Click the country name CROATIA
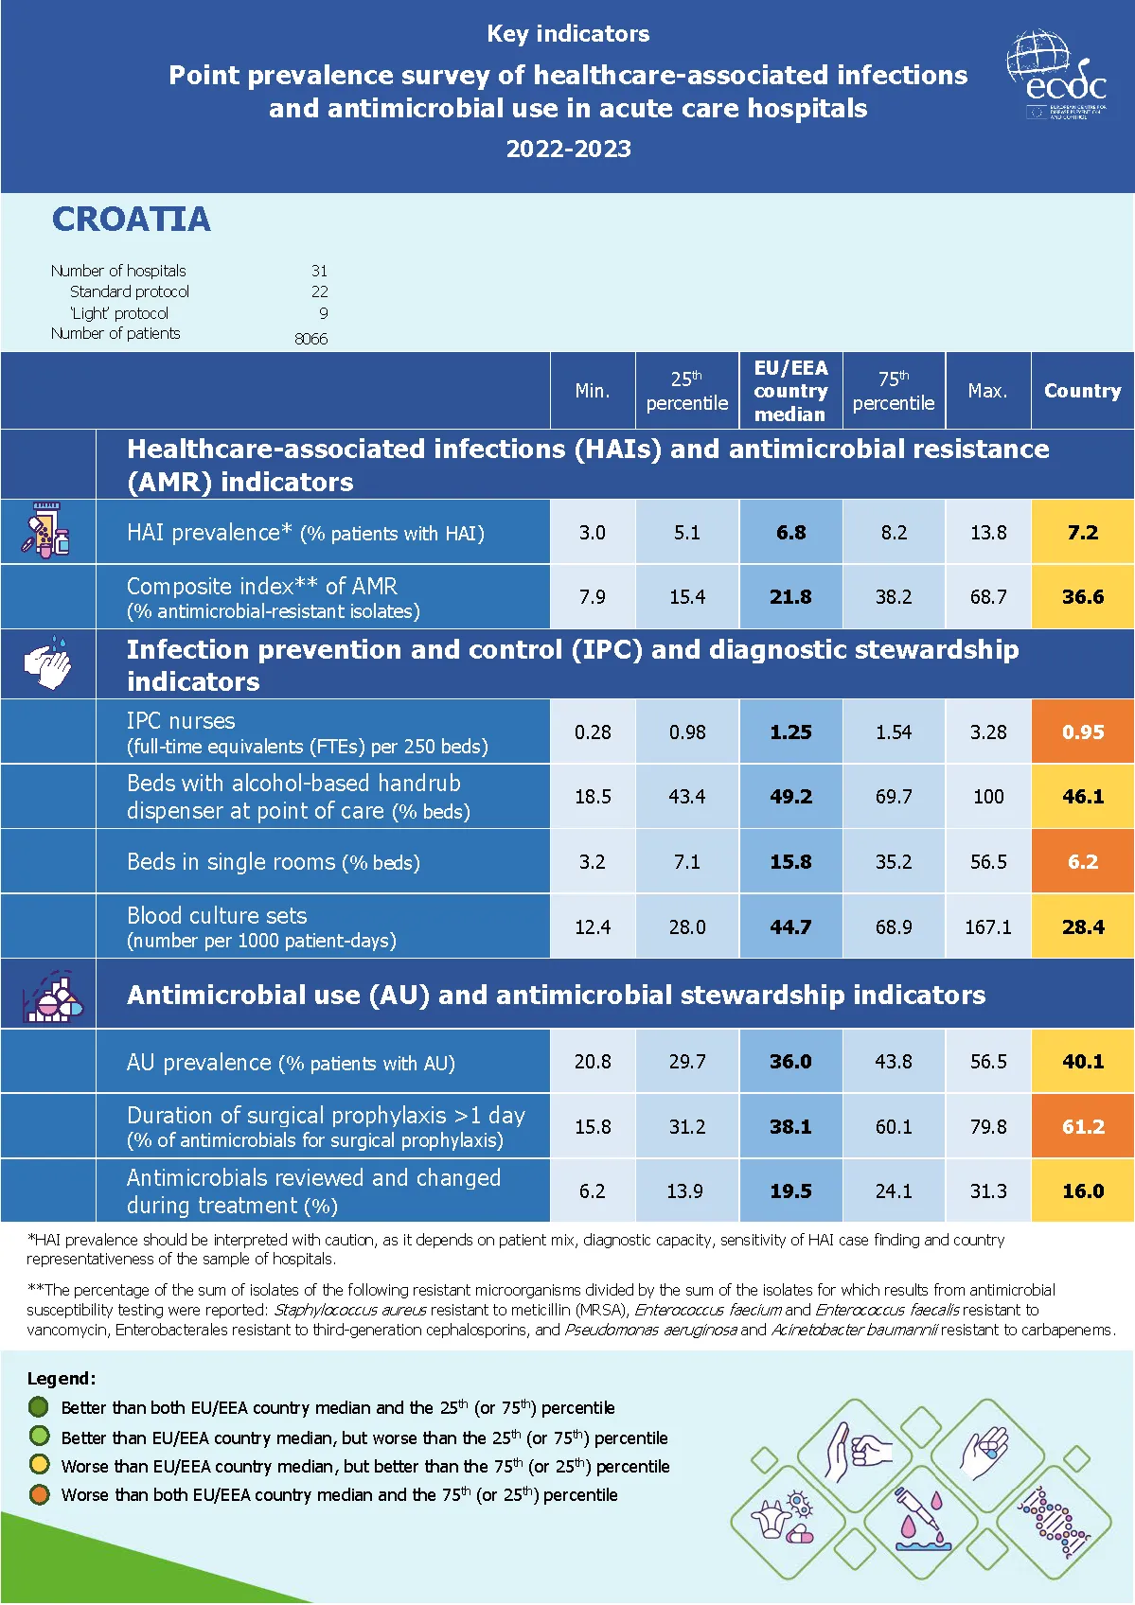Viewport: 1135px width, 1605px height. click(132, 220)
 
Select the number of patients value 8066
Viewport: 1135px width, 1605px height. click(310, 339)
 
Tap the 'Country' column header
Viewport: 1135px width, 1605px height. click(1082, 391)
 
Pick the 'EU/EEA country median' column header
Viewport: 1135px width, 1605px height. click(790, 391)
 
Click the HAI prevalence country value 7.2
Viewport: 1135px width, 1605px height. click(1082, 532)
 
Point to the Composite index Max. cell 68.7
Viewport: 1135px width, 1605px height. click(987, 597)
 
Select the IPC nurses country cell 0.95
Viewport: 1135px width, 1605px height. click(1082, 732)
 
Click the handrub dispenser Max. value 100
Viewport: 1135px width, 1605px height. click(987, 797)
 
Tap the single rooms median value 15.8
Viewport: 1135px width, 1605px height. click(790, 862)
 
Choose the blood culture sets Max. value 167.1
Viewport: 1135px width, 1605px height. click(987, 927)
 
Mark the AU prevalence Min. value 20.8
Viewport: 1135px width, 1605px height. click(593, 1062)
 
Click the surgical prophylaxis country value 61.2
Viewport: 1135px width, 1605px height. click(1082, 1127)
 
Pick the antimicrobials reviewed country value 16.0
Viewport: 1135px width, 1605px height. click(1082, 1191)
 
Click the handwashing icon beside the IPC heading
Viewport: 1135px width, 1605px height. click(47, 664)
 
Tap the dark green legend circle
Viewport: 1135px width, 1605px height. click(39, 1407)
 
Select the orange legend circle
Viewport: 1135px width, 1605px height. click(39, 1495)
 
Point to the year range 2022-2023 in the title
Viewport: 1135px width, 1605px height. click(568, 150)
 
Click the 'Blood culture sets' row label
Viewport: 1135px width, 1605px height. click(217, 916)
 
